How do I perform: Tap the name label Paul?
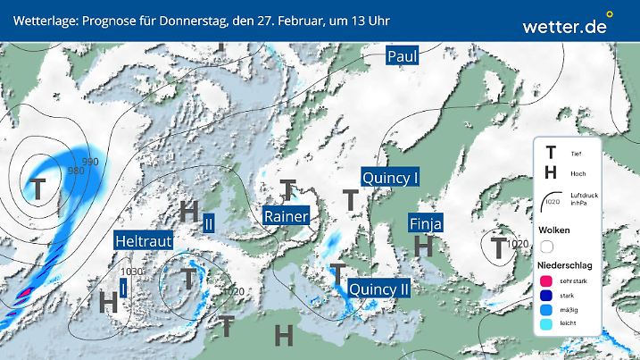tap(403, 56)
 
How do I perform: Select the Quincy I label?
tap(391, 178)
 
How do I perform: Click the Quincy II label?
tap(379, 289)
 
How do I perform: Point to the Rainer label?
tap(287, 216)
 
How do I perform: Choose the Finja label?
tap(427, 222)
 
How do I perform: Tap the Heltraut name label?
tap(143, 240)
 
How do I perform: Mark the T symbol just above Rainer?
tap(287, 189)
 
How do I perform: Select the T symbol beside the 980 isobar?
tap(38, 188)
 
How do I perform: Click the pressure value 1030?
tap(132, 272)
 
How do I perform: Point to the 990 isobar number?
tap(90, 162)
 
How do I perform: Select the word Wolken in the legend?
tap(555, 230)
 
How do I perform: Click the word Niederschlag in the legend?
tap(565, 266)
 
